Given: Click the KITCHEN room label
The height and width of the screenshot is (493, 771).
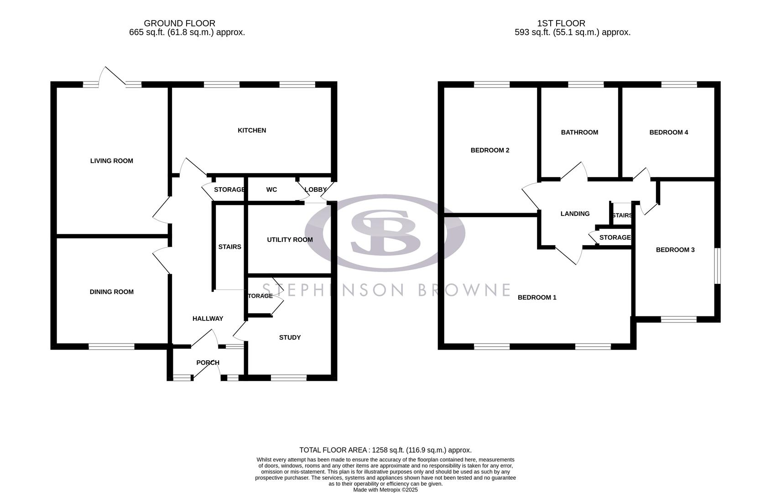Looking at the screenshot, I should (252, 131).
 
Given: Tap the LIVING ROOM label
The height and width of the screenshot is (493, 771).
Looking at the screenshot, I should (112, 161).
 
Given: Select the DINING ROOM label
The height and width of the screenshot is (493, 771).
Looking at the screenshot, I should (112, 292).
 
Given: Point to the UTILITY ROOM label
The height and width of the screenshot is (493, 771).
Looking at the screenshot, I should (290, 240).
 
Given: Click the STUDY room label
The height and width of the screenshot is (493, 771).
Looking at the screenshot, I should (290, 337).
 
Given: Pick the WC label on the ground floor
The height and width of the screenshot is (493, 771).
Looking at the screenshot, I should (271, 189).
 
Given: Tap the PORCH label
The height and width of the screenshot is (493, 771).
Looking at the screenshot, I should (208, 363).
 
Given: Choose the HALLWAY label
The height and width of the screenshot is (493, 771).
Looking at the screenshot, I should (208, 319).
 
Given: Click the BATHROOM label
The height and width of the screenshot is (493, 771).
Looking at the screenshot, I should (579, 132).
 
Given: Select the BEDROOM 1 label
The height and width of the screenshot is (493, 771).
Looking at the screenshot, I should (537, 298).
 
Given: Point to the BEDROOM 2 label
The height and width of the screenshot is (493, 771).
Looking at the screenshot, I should (490, 150).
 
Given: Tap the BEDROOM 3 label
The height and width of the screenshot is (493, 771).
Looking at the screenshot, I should (675, 250).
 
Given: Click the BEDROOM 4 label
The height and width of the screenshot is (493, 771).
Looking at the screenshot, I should (669, 132).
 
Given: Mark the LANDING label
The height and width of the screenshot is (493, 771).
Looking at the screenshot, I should (575, 214).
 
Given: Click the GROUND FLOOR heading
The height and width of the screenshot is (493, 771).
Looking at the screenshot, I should (179, 23).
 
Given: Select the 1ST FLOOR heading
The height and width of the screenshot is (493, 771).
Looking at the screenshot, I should (561, 23).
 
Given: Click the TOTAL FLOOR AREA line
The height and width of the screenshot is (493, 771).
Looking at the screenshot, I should (385, 450).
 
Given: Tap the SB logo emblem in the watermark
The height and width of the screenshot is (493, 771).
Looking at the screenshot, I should (385, 233).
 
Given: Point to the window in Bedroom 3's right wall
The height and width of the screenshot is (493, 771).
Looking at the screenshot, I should (717, 266).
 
